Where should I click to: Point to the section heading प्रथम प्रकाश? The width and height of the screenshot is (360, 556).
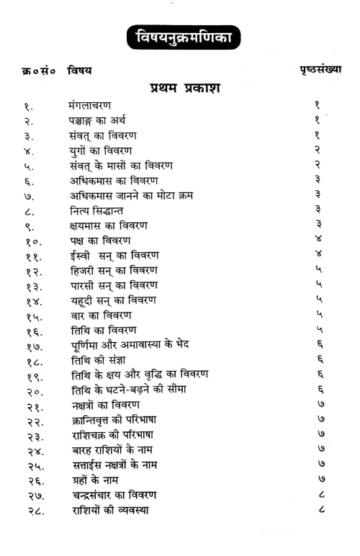pos(185,89)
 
